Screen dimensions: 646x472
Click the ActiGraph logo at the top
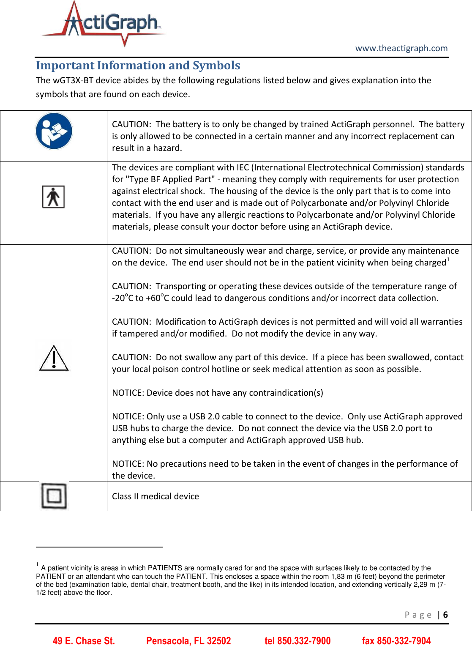[x=104, y=23]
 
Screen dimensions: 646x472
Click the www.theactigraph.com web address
[x=401, y=48]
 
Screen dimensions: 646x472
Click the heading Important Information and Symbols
[x=138, y=66]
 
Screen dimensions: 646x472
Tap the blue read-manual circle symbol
[x=54, y=131]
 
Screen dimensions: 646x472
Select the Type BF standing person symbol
[x=53, y=197]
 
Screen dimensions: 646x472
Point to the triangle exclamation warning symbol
[x=54, y=358]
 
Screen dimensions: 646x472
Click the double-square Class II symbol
[x=54, y=495]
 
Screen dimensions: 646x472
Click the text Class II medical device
[x=155, y=496]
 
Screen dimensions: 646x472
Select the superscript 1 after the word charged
[x=448, y=260]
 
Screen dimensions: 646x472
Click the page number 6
[x=445, y=615]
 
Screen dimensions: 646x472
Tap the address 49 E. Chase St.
[x=84, y=641]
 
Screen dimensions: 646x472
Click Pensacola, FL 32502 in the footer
[x=188, y=641]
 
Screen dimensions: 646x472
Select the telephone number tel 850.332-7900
[x=297, y=641]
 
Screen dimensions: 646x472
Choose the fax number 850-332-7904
[x=396, y=641]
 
